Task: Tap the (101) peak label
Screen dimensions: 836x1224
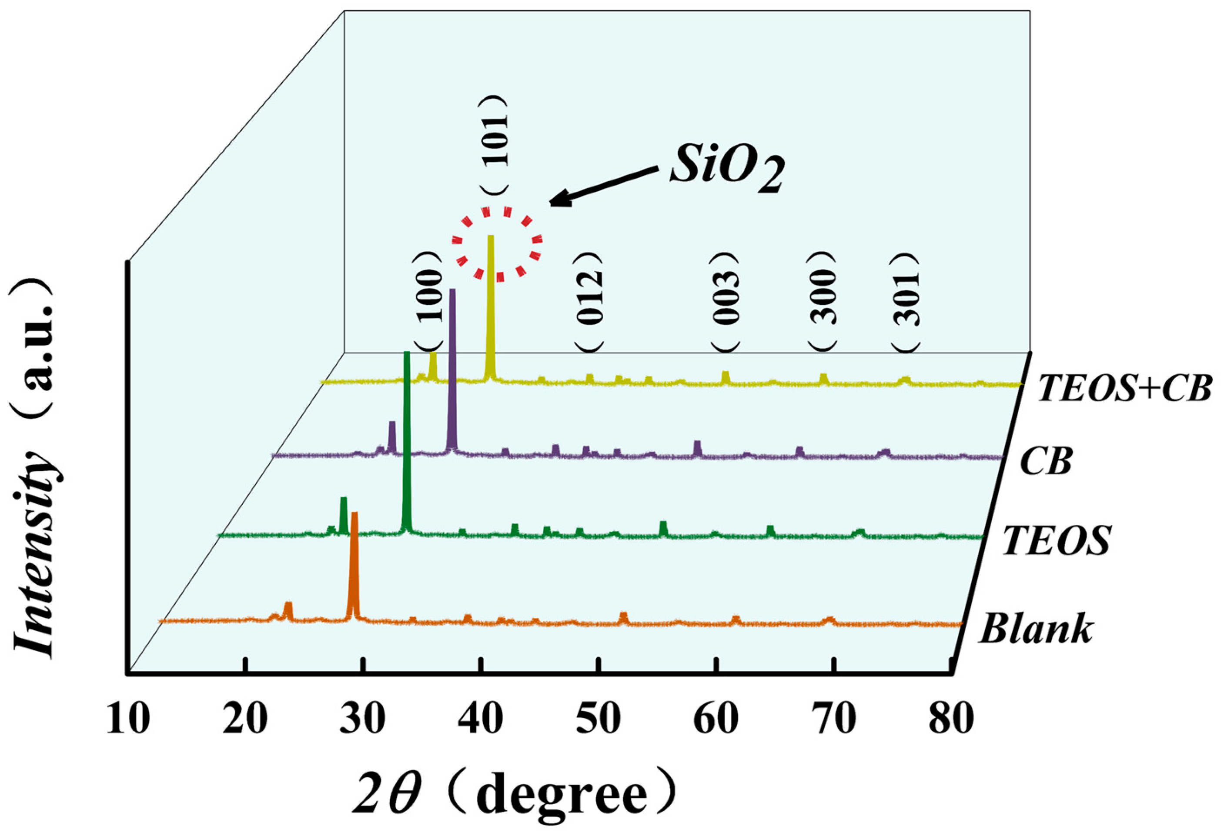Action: [x=495, y=145]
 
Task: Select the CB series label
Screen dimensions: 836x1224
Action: [x=1046, y=462]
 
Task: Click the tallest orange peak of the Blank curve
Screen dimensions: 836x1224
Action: [x=354, y=563]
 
